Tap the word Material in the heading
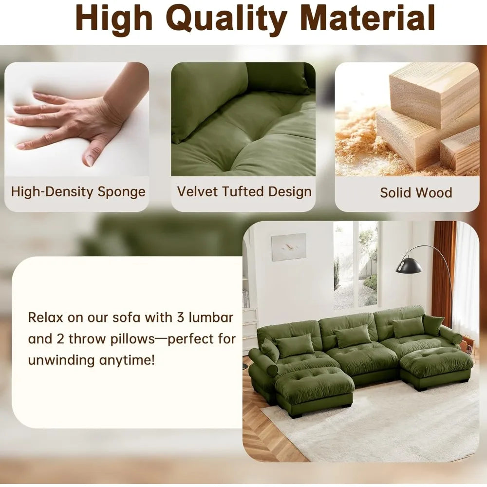367,18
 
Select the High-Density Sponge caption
78,191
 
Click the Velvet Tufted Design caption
244,191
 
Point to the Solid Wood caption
416,192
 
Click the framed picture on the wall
289,246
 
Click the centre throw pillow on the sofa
353,336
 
